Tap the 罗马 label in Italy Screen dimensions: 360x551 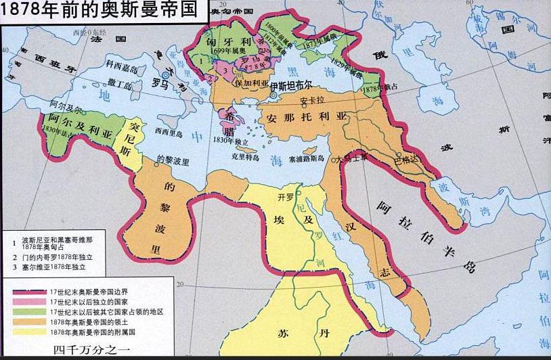pos(160,85)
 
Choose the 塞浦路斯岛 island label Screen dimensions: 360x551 pos(306,159)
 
